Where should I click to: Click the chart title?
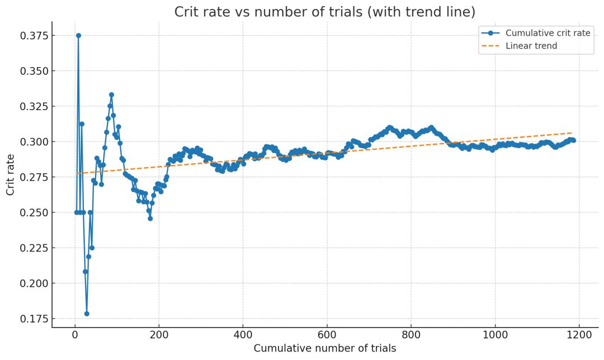[325, 12]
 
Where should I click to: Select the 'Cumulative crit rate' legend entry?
[536, 33]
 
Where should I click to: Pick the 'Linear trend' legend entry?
[519, 46]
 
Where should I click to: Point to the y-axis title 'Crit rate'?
[11, 174]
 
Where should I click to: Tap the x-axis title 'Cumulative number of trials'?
[325, 348]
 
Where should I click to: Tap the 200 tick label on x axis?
[159, 335]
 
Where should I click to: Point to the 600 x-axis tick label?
[327, 335]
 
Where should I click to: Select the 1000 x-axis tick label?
[495, 335]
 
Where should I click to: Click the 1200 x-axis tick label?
[579, 335]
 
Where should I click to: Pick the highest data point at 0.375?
[79, 35]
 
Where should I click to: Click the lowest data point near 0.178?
[87, 314]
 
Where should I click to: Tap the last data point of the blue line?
[573, 140]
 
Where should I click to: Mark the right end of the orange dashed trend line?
[572, 133]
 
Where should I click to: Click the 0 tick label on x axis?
[75, 335]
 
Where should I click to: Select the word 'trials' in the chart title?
[346, 12]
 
